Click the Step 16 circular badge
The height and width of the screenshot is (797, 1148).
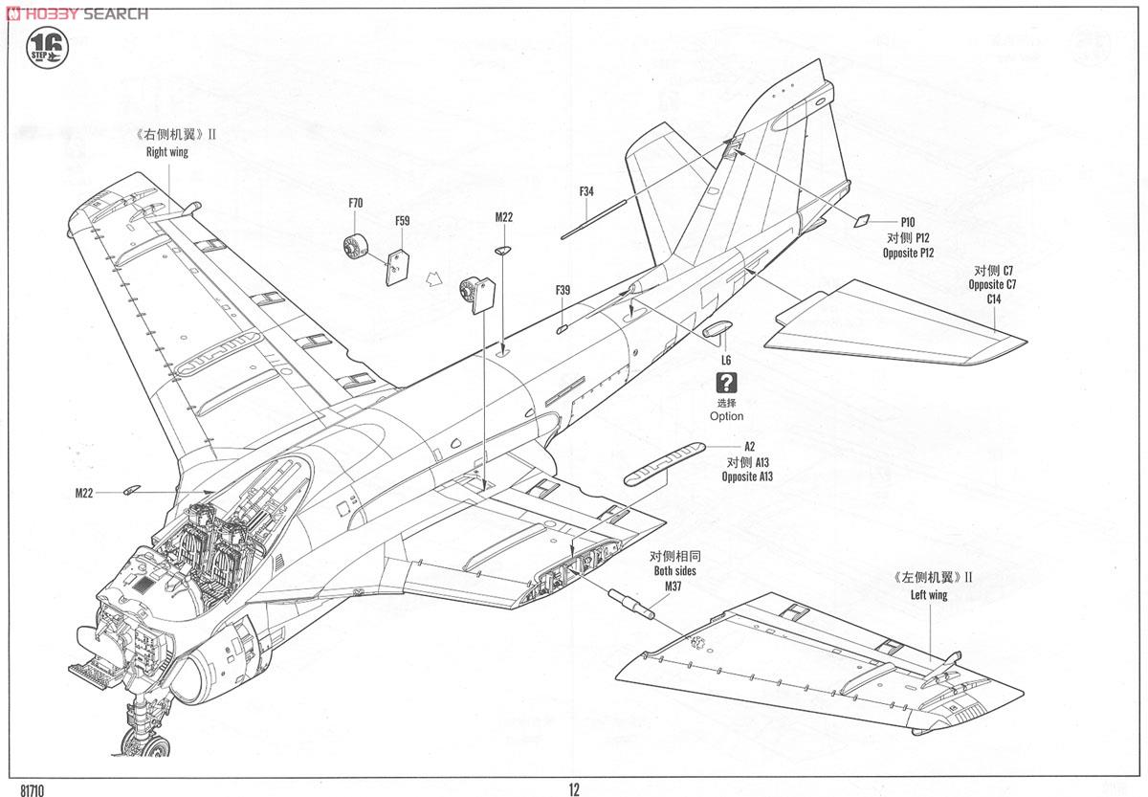pyautogui.click(x=47, y=48)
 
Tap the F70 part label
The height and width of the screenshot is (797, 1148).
pyautogui.click(x=356, y=203)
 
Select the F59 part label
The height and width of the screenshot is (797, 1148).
pyautogui.click(x=403, y=221)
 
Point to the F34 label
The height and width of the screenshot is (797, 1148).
pyautogui.click(x=586, y=191)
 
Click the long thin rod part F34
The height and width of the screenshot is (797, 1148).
pyautogui.click(x=593, y=220)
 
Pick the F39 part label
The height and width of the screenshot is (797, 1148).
pyautogui.click(x=563, y=290)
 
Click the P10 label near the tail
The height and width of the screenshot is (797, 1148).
pyautogui.click(x=908, y=222)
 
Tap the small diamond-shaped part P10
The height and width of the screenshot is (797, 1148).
pyautogui.click(x=862, y=220)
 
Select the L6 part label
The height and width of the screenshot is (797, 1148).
pyautogui.click(x=726, y=361)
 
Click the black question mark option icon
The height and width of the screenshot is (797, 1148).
pyautogui.click(x=726, y=383)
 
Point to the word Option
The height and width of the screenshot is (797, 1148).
pyautogui.click(x=726, y=416)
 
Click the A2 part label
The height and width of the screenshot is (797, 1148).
pyautogui.click(x=749, y=447)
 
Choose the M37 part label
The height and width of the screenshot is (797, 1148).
pyautogui.click(x=673, y=586)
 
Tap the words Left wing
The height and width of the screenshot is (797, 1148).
pyautogui.click(x=929, y=595)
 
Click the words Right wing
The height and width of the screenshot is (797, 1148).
pyautogui.click(x=167, y=152)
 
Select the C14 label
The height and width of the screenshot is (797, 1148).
pyautogui.click(x=994, y=299)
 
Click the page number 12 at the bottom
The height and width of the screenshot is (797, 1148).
pyautogui.click(x=574, y=790)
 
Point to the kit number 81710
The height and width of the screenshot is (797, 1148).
pyautogui.click(x=33, y=791)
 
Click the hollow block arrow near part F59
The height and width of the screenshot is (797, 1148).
pyautogui.click(x=433, y=278)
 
